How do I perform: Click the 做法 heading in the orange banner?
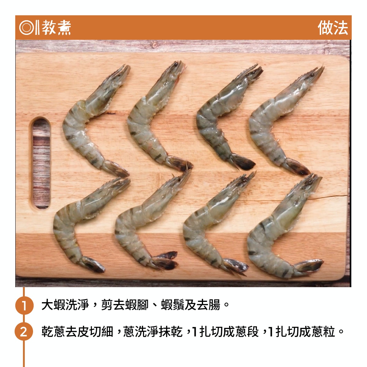point(333,28)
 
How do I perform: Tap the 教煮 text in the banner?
point(56,28)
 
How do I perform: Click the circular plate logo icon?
point(26,28)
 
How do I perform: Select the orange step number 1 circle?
point(24,305)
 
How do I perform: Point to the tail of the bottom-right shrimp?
point(308,266)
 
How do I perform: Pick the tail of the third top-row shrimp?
point(243,162)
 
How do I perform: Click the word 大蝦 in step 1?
point(53,305)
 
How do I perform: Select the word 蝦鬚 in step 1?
point(172,305)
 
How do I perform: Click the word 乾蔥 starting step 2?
point(53,332)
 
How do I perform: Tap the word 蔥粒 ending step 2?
point(323,332)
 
